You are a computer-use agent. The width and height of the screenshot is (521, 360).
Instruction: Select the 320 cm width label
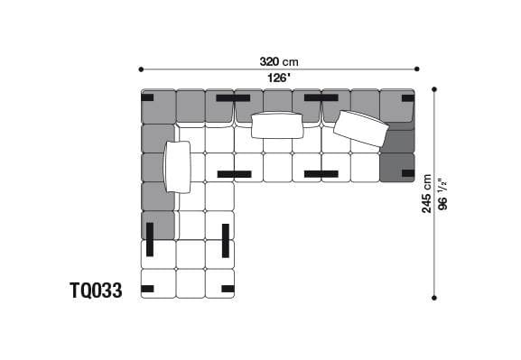[278, 62]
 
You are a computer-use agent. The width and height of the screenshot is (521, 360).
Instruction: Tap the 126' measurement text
[278, 78]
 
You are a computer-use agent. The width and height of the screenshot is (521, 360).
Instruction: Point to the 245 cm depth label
[428, 193]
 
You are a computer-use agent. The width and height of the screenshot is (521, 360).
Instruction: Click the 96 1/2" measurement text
[442, 193]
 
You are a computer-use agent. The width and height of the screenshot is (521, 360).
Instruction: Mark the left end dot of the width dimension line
[141, 69]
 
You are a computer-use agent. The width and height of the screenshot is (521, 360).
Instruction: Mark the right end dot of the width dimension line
[417, 69]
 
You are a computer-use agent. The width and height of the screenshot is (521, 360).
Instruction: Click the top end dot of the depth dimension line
[435, 89]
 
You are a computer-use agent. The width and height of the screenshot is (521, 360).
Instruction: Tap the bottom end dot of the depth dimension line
[435, 297]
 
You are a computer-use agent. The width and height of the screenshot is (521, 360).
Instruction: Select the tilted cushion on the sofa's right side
[361, 129]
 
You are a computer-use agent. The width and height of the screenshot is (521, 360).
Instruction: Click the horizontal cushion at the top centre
[277, 125]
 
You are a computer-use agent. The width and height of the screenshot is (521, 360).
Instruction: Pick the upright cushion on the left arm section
[179, 167]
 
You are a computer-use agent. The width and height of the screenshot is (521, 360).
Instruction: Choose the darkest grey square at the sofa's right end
[397, 168]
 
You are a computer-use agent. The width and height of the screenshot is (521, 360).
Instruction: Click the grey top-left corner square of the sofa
[157, 106]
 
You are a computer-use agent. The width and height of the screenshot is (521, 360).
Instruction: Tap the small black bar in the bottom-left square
[148, 289]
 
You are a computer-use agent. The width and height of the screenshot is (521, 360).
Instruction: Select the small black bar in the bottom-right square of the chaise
[227, 289]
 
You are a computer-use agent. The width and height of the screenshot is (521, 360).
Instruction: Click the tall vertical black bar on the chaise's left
[150, 239]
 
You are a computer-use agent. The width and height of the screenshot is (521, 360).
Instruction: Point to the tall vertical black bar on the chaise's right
[225, 239]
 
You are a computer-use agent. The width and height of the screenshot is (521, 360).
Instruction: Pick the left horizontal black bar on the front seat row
[234, 173]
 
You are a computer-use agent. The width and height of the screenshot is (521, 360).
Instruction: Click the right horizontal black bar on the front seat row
[321, 173]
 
